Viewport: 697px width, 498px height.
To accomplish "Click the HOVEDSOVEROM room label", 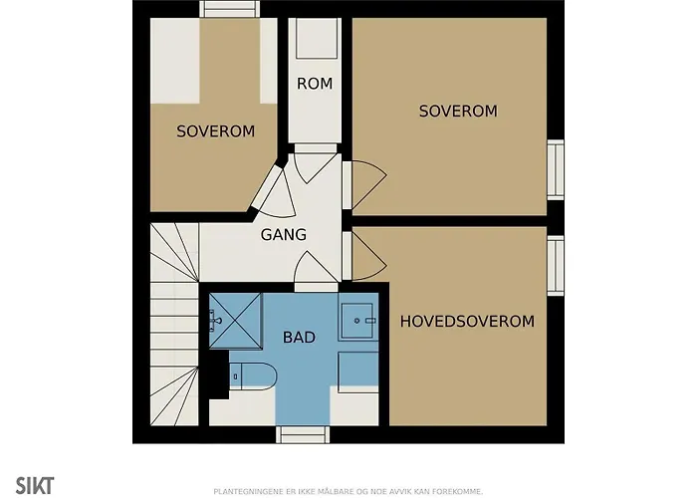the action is tap(467, 321).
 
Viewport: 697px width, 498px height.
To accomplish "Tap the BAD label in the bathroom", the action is tap(299, 337).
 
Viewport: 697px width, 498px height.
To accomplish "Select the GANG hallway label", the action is tap(284, 234).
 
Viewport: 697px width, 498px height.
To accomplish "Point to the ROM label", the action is tap(315, 83).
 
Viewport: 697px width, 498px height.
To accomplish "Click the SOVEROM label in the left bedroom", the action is tap(216, 131).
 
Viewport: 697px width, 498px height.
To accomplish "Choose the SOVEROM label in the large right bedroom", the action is tap(458, 111).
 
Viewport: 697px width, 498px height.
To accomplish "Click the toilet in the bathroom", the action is tap(252, 376).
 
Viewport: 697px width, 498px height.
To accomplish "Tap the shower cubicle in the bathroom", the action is tap(236, 321).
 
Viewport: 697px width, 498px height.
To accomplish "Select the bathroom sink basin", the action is tap(357, 320).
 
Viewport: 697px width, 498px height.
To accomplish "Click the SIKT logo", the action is tap(35, 485).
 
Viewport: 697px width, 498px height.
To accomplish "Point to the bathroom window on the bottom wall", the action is tap(303, 434).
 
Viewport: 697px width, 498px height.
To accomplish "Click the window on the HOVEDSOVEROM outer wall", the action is tap(556, 266).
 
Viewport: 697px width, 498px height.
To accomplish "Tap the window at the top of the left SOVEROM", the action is tap(229, 9).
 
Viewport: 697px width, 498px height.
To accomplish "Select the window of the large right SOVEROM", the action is tap(556, 169).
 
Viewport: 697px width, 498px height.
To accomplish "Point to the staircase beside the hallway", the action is tap(174, 324).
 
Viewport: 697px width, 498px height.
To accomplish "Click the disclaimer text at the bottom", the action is tap(348, 491).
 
